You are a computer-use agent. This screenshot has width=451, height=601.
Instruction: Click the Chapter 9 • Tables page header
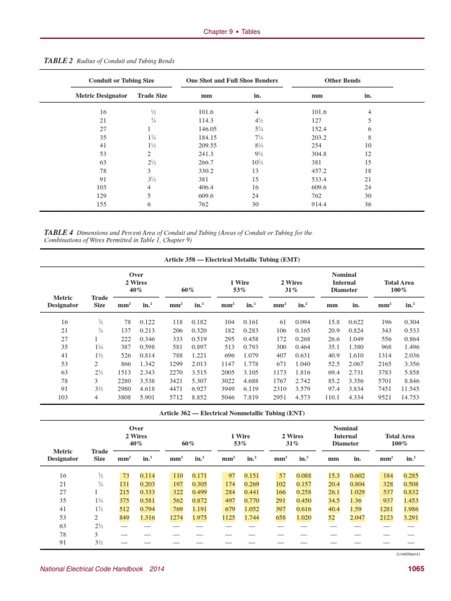pos(231,32)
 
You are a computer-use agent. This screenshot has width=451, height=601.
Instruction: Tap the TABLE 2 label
pos(59,61)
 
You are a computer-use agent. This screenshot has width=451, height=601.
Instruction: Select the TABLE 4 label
pos(59,233)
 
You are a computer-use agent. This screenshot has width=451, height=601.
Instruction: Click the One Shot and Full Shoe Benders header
pos(232,80)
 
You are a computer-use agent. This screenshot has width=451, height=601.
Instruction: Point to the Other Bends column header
pos(342,80)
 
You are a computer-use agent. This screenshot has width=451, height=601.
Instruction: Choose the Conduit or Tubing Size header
pos(122,80)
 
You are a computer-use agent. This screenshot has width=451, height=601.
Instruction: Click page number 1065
pos(415,568)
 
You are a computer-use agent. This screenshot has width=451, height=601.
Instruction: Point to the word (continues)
pos(409,553)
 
